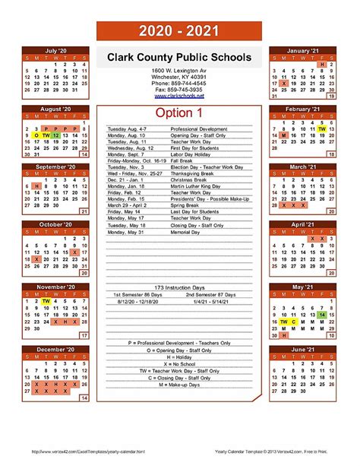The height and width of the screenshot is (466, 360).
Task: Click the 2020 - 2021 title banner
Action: coord(179,32)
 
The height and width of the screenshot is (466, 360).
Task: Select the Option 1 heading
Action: coord(179,113)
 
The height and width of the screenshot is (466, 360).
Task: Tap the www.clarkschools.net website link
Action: coord(179,97)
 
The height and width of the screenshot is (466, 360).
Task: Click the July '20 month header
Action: coord(57,51)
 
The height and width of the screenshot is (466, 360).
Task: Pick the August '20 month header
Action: coord(57,109)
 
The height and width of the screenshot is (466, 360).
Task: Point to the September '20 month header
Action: coord(57,166)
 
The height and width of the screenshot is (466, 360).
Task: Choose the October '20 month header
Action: coord(57,224)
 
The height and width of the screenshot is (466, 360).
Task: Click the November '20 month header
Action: coord(57,287)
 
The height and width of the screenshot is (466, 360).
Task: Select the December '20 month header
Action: coord(57,349)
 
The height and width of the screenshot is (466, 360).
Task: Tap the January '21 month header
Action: coord(302,51)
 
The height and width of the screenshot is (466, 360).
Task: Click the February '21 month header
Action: coord(302,109)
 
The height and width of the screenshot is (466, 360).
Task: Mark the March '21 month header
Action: coord(302,166)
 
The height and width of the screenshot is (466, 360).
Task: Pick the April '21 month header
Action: coord(302,224)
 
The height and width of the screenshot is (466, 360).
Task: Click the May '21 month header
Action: coord(302,287)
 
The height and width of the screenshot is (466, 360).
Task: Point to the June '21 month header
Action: coord(302,349)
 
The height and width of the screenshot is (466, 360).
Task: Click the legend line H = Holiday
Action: coord(179,357)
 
